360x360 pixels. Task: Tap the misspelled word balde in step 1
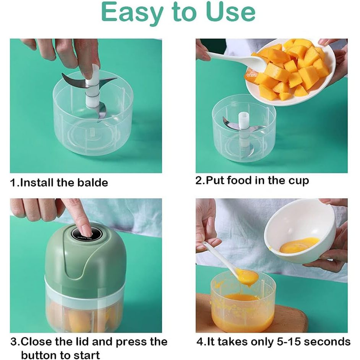pos(93,183)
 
